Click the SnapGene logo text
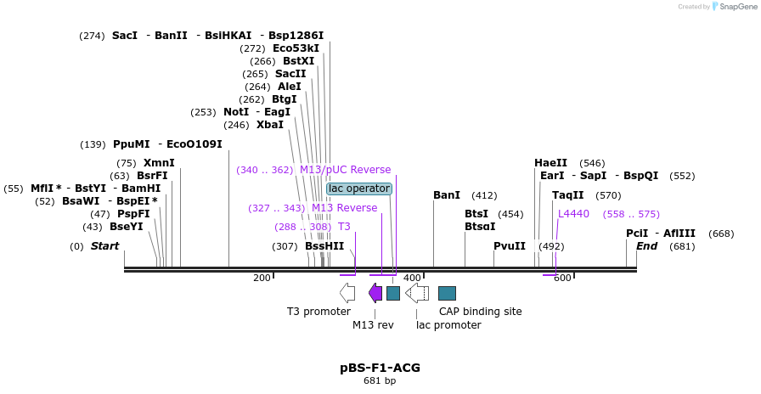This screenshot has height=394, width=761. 736,6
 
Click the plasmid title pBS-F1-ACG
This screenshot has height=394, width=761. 380,368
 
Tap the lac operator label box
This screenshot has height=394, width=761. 358,189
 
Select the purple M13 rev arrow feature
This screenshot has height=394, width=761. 375,293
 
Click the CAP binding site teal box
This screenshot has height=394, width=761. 447,293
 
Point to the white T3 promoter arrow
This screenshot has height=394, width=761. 347,293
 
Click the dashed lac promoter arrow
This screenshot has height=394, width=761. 417,293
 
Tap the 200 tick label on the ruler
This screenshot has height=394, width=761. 262,278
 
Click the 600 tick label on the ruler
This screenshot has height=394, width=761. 562,278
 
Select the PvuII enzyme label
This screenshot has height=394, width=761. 510,246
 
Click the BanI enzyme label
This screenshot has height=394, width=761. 447,195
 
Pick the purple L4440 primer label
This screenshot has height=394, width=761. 573,214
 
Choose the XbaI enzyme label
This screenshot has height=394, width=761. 270,125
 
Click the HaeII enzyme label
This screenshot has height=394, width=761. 550,163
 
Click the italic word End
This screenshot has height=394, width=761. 646,246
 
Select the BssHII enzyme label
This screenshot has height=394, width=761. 324,246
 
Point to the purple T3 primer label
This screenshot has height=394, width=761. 344,227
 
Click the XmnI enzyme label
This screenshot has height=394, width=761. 159,163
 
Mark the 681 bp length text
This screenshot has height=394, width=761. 380,380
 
